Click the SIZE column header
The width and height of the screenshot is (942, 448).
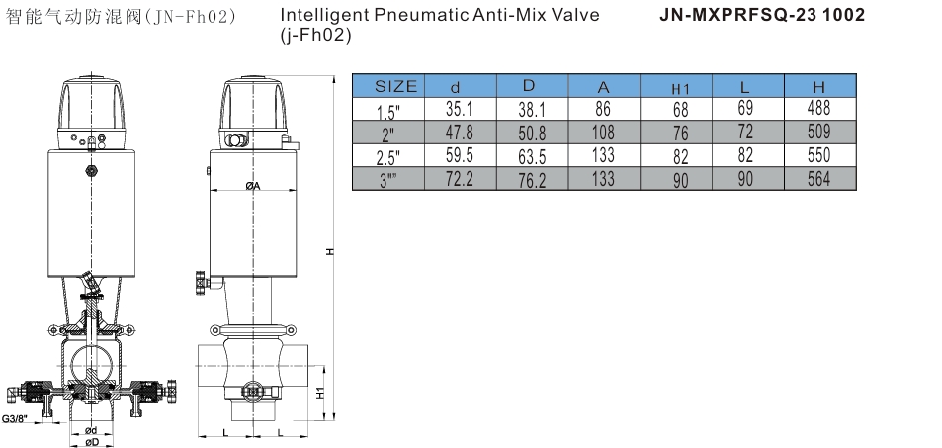pos(395,86)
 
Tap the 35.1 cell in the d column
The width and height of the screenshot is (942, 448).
pos(460,109)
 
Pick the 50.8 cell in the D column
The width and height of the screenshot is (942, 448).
pos(532,133)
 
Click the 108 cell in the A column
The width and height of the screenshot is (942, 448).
pos(603,132)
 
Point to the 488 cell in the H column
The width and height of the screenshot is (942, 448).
pos(818,108)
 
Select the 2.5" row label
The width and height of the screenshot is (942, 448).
pos(388,158)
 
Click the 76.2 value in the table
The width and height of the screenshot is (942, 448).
pos(532,180)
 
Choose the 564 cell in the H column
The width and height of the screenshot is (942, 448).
pos(818,179)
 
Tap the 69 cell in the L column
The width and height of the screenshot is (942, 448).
pos(745,108)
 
